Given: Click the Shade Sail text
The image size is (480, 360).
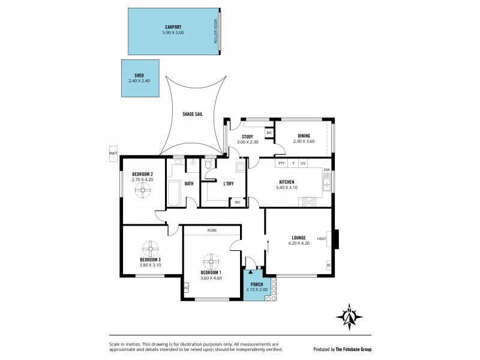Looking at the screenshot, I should click(x=193, y=113).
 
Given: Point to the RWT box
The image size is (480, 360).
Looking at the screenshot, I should click(x=113, y=154).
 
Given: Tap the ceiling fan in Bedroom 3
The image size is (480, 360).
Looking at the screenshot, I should click(x=150, y=248).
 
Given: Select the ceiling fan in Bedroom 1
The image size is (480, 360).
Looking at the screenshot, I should click(x=211, y=262).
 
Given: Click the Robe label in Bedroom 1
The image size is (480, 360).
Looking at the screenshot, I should click(x=212, y=230).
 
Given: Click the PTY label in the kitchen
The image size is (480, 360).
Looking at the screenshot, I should click(x=280, y=163).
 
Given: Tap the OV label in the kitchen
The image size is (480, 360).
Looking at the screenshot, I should click(x=303, y=163).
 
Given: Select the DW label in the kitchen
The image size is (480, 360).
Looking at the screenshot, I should click(x=326, y=170).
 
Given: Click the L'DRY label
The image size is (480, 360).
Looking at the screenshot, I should click(x=228, y=183).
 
